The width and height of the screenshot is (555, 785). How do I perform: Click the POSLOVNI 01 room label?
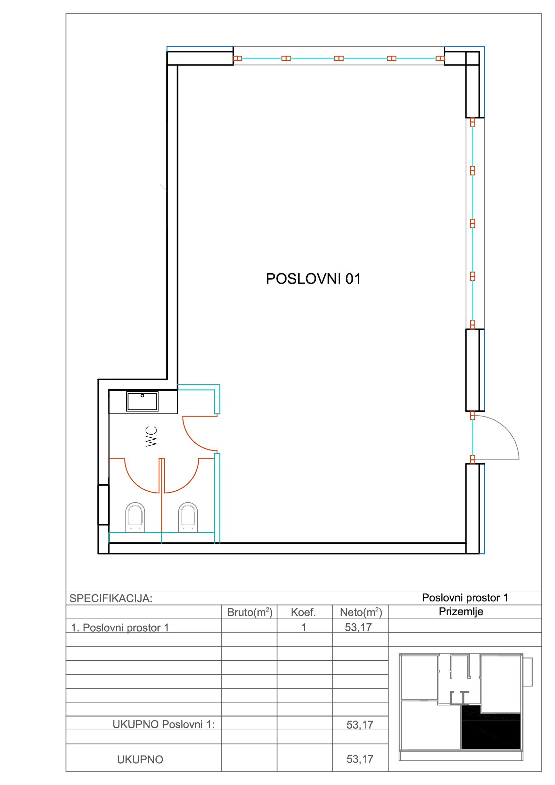pos(313,279)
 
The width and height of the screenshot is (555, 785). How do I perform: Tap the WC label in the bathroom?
pos(151,436)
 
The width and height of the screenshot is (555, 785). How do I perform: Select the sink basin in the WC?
pos(142,401)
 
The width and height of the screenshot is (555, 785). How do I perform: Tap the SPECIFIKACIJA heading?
pos(111,598)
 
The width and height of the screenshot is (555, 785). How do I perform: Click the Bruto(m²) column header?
pos(250,612)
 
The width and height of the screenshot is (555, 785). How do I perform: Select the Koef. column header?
pos(303,612)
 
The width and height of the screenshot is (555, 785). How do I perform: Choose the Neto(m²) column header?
pos(361,612)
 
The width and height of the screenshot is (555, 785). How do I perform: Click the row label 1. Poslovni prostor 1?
pos(120,628)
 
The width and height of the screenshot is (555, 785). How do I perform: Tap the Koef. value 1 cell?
pos(303,627)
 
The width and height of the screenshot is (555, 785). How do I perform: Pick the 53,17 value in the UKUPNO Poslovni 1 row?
pos(360,725)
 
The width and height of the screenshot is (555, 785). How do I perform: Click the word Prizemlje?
pos(461,612)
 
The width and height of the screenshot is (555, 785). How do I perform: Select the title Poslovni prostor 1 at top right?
pos(465,598)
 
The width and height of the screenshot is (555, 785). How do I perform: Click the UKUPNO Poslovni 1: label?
pos(164,725)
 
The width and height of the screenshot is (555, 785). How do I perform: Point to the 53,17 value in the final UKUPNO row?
pos(360,759)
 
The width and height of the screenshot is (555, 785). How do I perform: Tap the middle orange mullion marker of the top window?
pos(339,58)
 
